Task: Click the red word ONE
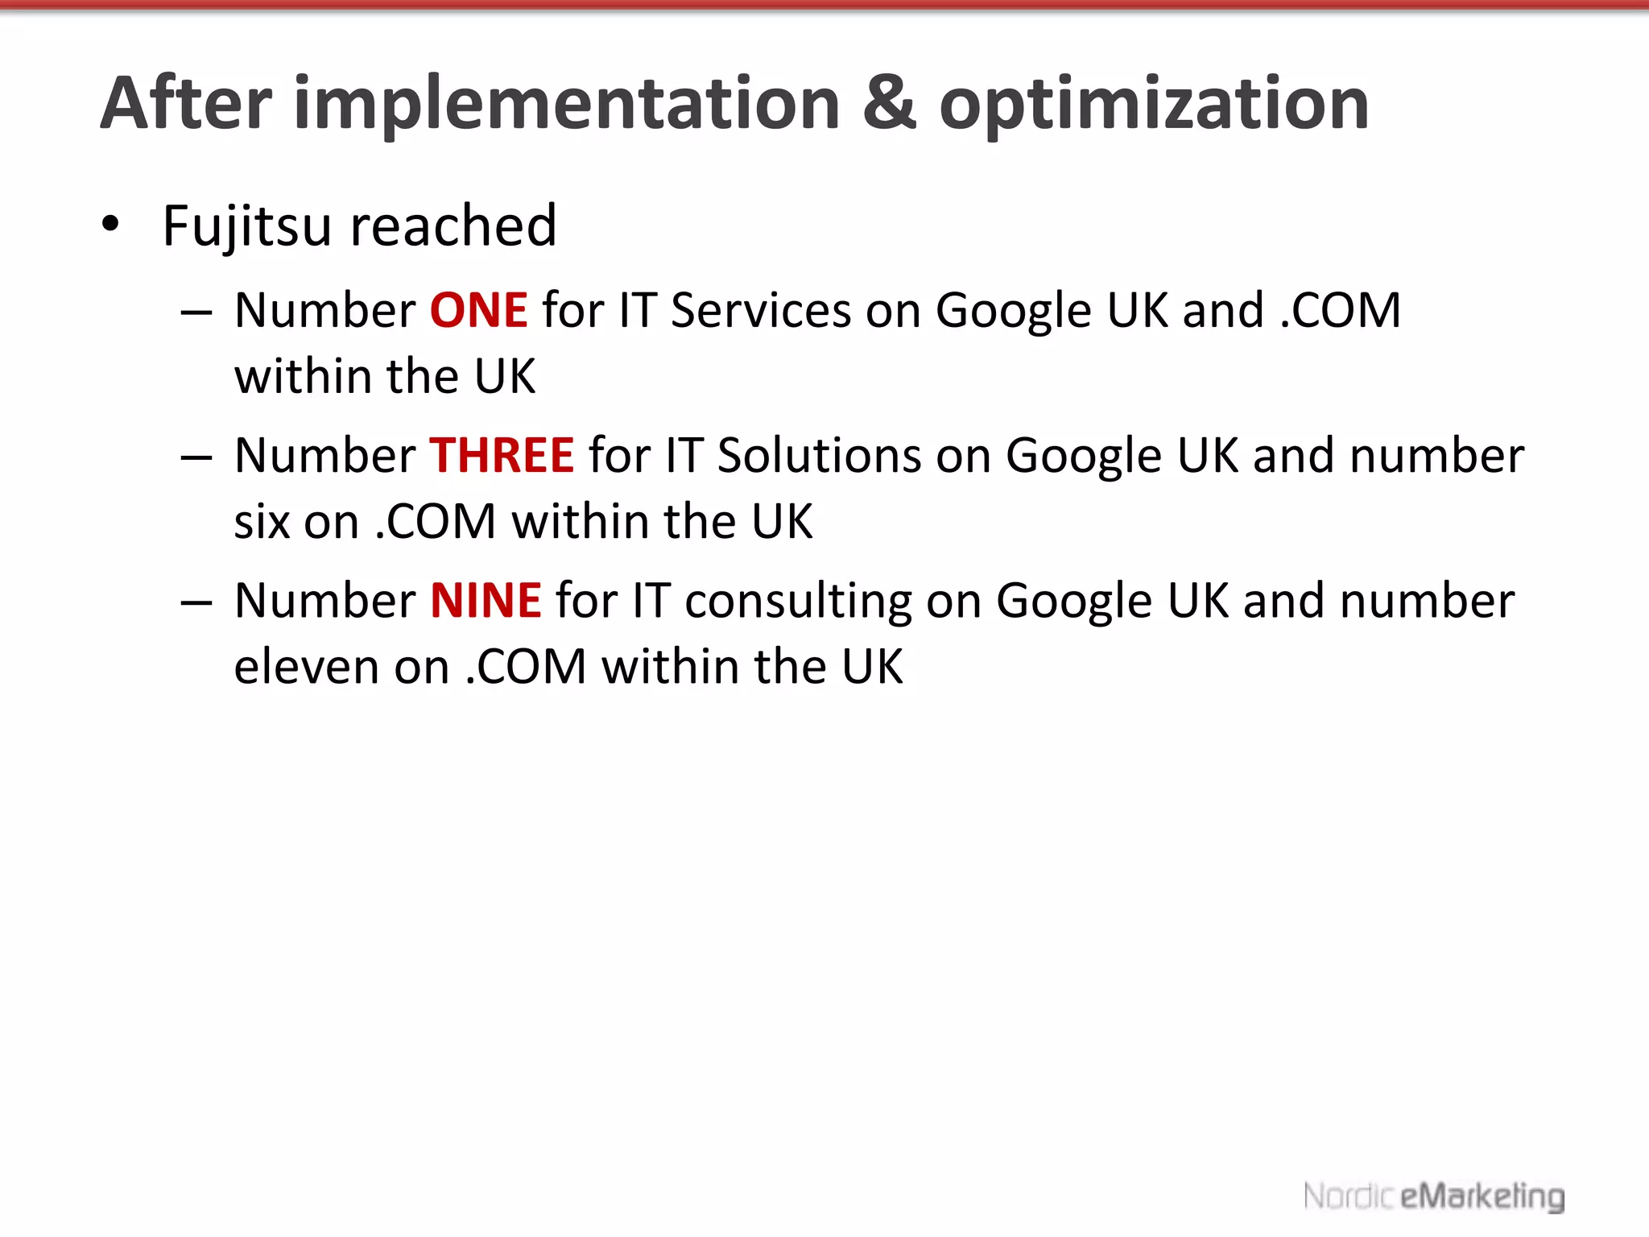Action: tap(479, 311)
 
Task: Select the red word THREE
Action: tap(502, 456)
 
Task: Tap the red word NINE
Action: tap(486, 601)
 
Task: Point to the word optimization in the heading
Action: tap(1154, 105)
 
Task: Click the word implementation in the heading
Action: tap(567, 105)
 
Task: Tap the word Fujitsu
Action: tap(246, 226)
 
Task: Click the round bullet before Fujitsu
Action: tap(110, 225)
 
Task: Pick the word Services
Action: tap(760, 311)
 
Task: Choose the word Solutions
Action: tap(819, 456)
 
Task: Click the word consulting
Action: tap(798, 602)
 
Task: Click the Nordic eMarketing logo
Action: tap(1433, 1196)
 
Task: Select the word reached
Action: tap(453, 226)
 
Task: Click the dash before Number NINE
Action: tap(196, 603)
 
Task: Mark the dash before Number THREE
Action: tap(196, 458)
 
